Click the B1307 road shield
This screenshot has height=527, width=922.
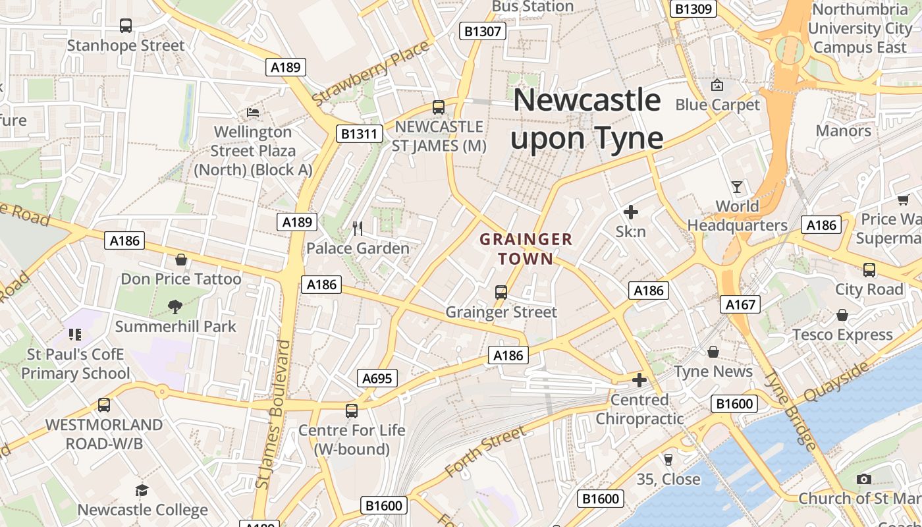click(483, 31)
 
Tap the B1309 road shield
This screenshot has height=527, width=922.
click(693, 9)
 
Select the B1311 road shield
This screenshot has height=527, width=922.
click(360, 134)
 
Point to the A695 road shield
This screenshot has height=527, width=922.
click(377, 378)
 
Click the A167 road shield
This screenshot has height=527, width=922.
click(741, 304)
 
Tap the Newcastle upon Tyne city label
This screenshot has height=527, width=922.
click(587, 119)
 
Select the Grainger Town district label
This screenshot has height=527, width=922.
click(526, 249)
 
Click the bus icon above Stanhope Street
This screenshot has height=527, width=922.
click(126, 26)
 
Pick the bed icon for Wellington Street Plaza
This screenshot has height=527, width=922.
click(253, 113)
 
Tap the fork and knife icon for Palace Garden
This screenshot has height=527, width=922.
click(358, 229)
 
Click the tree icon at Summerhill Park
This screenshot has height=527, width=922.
click(175, 306)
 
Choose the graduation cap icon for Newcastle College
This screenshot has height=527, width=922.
click(142, 490)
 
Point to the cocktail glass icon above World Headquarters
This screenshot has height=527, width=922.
click(737, 187)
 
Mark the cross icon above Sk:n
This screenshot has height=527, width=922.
click(631, 212)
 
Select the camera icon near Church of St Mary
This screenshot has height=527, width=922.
click(865, 479)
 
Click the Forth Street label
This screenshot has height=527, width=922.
click(485, 451)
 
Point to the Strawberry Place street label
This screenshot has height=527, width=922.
click(371, 73)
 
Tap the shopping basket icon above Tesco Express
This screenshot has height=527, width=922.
click(842, 316)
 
